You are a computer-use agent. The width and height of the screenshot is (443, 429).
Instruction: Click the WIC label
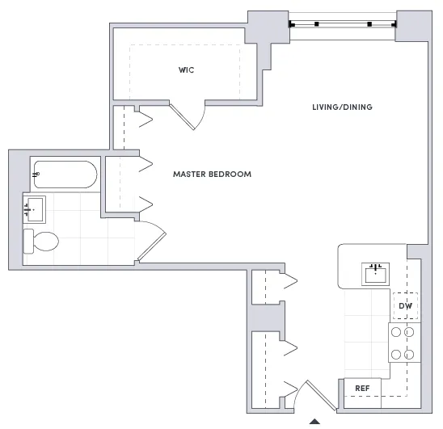(x=187, y=70)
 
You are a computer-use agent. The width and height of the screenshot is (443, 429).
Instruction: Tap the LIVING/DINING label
(x=343, y=107)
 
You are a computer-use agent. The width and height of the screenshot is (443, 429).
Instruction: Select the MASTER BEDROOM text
(x=212, y=174)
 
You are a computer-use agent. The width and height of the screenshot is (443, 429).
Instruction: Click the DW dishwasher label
(x=406, y=306)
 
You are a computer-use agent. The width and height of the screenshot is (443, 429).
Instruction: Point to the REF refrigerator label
(x=363, y=389)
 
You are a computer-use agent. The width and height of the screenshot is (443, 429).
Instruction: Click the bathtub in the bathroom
(x=65, y=174)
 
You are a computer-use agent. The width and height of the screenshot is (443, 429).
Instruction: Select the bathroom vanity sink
(x=35, y=209)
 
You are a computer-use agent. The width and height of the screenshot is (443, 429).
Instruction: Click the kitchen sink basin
(x=375, y=275)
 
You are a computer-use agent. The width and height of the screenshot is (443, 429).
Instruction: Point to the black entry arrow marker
(x=315, y=423)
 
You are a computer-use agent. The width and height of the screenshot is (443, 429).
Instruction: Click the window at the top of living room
(x=343, y=23)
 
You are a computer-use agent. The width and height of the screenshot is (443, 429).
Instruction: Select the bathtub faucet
(x=36, y=174)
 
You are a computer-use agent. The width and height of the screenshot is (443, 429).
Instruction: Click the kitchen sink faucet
(x=375, y=265)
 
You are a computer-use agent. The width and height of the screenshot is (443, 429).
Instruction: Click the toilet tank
(x=28, y=240)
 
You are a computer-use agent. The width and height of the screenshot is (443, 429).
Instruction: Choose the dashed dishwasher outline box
(x=406, y=305)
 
